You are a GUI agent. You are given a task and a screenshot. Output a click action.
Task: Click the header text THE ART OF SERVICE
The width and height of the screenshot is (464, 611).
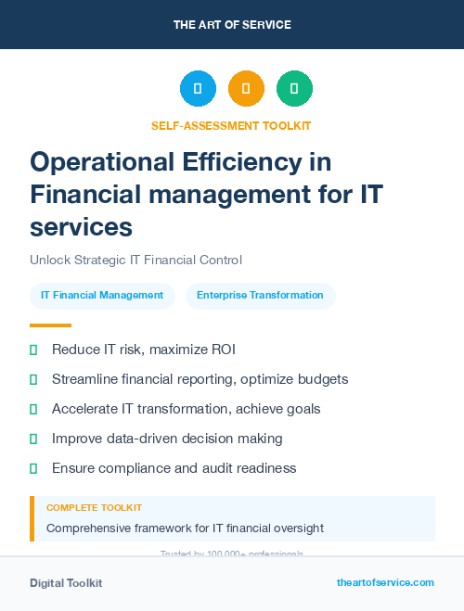tap(232, 25)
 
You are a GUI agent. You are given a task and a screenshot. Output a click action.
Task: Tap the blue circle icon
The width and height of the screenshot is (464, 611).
tap(198, 89)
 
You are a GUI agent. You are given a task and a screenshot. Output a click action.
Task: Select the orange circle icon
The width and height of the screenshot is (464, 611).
tap(246, 89)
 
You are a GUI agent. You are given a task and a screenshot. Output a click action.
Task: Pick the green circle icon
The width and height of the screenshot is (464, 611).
tap(294, 89)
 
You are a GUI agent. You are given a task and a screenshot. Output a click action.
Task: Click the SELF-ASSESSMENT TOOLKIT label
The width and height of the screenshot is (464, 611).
tap(231, 125)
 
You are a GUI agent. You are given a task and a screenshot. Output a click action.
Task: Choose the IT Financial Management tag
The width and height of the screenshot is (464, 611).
tap(102, 296)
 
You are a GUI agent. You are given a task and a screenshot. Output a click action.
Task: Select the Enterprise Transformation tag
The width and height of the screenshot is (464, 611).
tap(260, 296)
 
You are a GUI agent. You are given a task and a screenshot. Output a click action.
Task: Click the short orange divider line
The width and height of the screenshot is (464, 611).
tap(50, 325)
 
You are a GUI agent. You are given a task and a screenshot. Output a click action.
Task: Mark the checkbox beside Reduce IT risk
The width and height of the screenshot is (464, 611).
tap(33, 350)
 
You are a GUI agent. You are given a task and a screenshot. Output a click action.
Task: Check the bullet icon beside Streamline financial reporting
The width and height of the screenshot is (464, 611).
tap(33, 379)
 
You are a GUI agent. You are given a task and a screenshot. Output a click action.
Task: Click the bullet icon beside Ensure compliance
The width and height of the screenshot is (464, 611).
tap(33, 468)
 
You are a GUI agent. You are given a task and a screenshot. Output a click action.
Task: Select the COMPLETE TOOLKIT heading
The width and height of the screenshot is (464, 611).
tap(94, 508)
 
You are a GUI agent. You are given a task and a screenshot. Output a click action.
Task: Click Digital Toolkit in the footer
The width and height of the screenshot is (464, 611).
tap(66, 583)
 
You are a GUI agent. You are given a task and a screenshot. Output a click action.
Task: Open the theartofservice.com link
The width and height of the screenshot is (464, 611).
tap(385, 582)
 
